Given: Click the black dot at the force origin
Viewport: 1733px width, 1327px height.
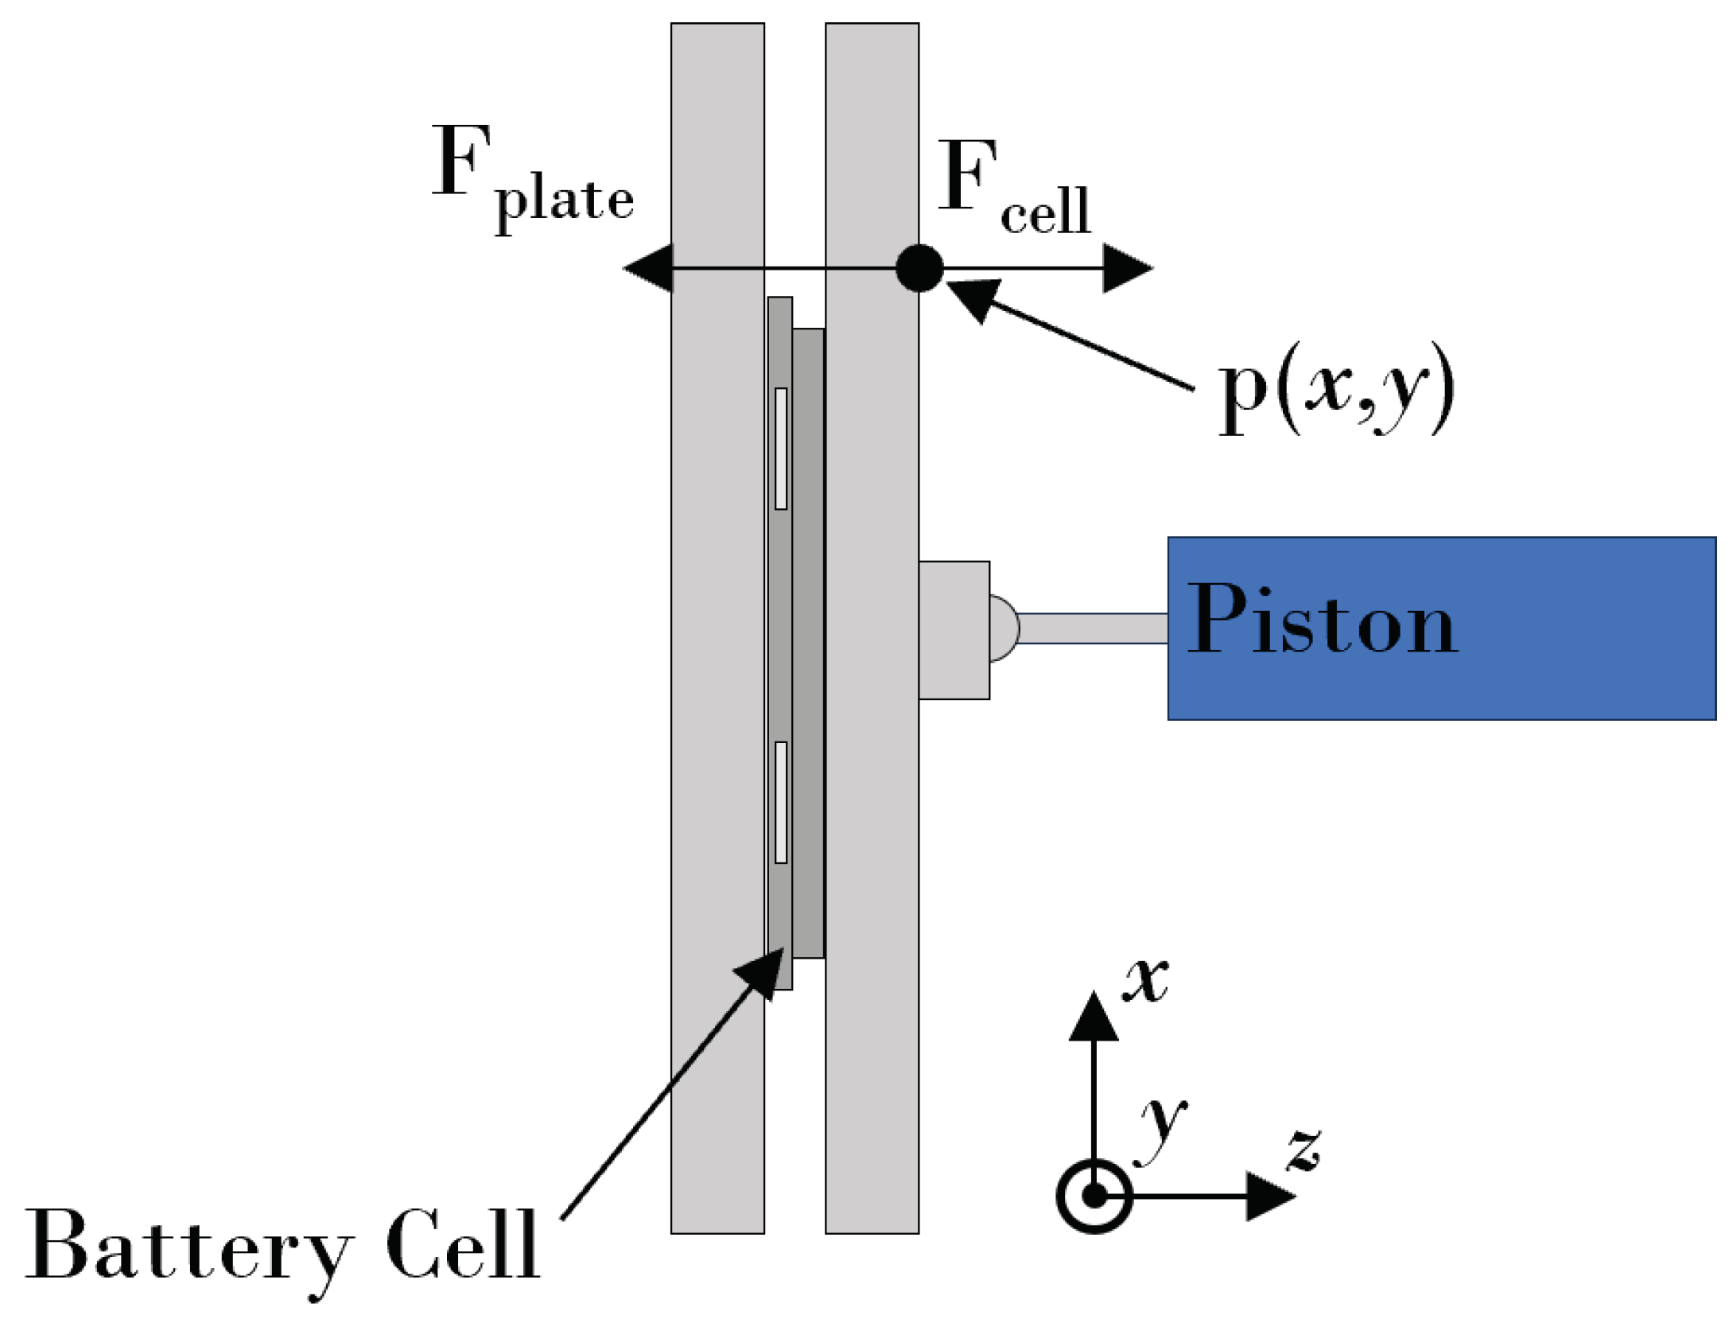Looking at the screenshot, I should point(919,269).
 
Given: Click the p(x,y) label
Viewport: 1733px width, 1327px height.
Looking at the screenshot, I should point(1336,390).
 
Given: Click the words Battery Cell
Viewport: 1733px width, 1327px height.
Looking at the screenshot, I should point(282,1246).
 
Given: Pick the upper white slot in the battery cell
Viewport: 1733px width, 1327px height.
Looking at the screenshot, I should point(781,449).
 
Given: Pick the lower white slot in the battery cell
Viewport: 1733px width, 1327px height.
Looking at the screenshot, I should point(781,802).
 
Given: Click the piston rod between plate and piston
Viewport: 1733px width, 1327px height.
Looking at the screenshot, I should point(1093,628).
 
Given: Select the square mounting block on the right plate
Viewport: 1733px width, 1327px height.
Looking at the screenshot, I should point(954,630).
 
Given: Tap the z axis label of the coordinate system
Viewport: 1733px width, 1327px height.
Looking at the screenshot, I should point(1304,1150).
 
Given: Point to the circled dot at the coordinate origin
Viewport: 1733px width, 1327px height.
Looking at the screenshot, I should point(1094,1196).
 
